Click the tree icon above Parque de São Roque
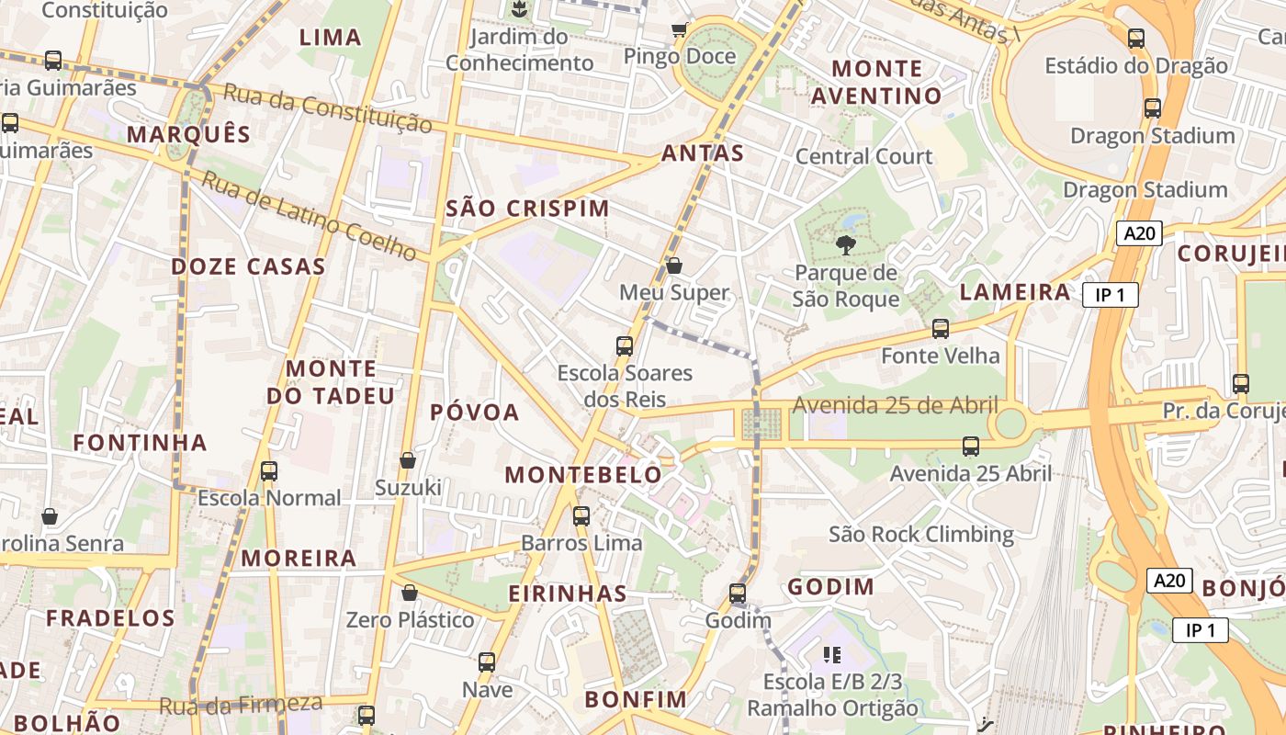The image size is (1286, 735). [845, 245]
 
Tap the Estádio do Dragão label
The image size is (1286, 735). [1136, 65]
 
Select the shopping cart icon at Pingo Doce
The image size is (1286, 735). [679, 29]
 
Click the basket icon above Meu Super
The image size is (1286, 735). [673, 266]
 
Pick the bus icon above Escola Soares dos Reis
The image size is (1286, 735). [625, 346]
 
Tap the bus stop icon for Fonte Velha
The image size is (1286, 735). [940, 329]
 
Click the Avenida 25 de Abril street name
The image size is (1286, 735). [895, 405]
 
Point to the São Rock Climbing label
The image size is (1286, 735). [920, 534]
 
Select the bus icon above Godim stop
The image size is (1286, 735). [738, 594]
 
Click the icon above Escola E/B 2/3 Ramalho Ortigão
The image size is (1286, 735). [832, 655]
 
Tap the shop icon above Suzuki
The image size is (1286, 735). [408, 460]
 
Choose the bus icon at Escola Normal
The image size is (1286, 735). [269, 471]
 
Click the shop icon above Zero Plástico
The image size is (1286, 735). [410, 593]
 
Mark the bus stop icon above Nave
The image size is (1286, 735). [487, 661]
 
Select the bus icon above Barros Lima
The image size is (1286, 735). [581, 516]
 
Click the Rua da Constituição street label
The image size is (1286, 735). [327, 107]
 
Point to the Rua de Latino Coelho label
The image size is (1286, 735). [309, 214]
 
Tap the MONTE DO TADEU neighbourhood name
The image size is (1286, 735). [331, 382]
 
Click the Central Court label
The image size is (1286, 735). [863, 156]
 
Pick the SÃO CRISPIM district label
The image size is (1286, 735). [527, 209]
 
